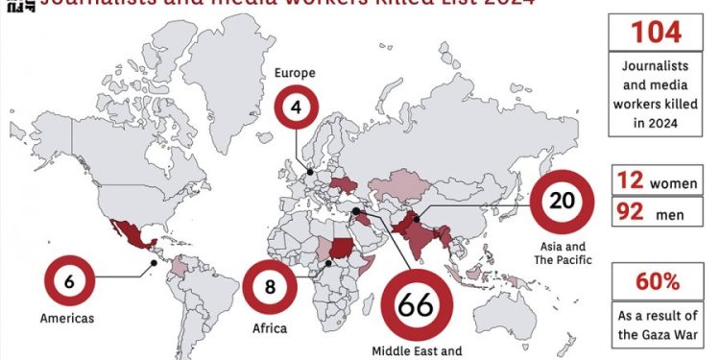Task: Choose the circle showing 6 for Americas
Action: tap(70, 281)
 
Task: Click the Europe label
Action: tap(296, 72)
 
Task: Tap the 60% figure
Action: tap(658, 282)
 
